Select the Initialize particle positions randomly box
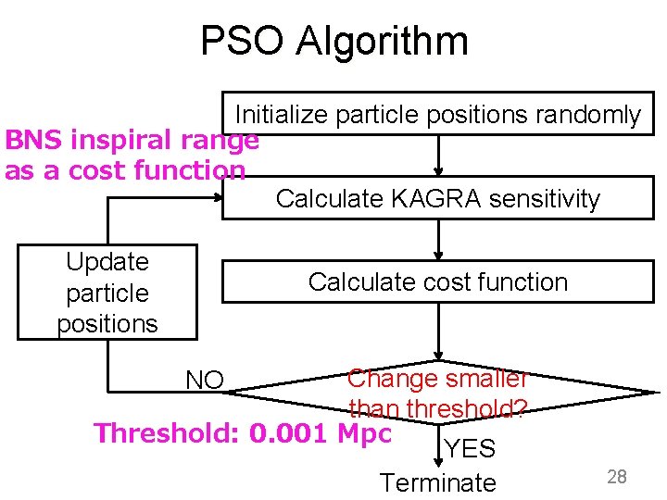437,114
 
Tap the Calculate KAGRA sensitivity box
437,198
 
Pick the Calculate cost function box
437,281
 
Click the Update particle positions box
107,293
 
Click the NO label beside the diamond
205,380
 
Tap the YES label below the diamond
470,449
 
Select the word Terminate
437,482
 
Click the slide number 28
617,477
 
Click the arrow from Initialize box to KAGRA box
439,156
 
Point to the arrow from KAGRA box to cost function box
439,240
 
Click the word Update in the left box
107,262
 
